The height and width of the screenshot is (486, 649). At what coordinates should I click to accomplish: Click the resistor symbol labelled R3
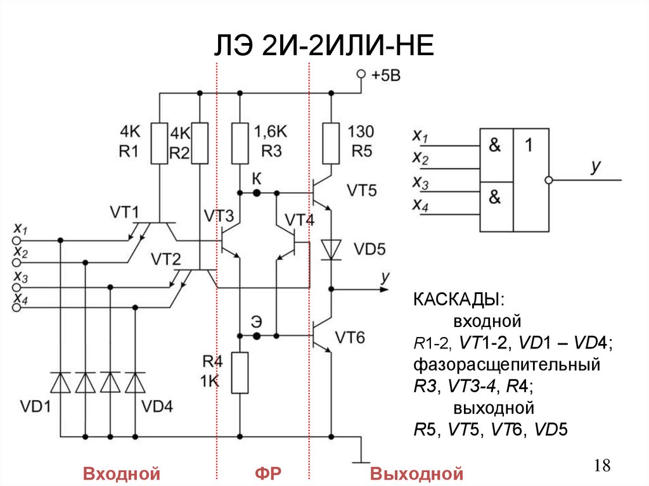pos(240,143)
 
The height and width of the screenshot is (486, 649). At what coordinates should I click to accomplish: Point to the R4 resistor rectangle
pos(240,373)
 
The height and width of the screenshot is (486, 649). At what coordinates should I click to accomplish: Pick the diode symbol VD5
pos(331,249)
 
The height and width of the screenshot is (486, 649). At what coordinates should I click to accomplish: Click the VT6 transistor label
pos(350,337)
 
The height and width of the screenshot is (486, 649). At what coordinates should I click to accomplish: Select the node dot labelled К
pos(256,192)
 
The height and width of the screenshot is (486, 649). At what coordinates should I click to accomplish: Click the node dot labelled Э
pos(256,334)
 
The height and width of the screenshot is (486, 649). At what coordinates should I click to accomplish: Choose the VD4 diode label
pos(158,406)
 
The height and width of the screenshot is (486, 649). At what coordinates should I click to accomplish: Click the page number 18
pos(602,466)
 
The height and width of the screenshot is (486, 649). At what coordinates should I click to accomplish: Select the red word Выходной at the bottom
pos(417,473)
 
